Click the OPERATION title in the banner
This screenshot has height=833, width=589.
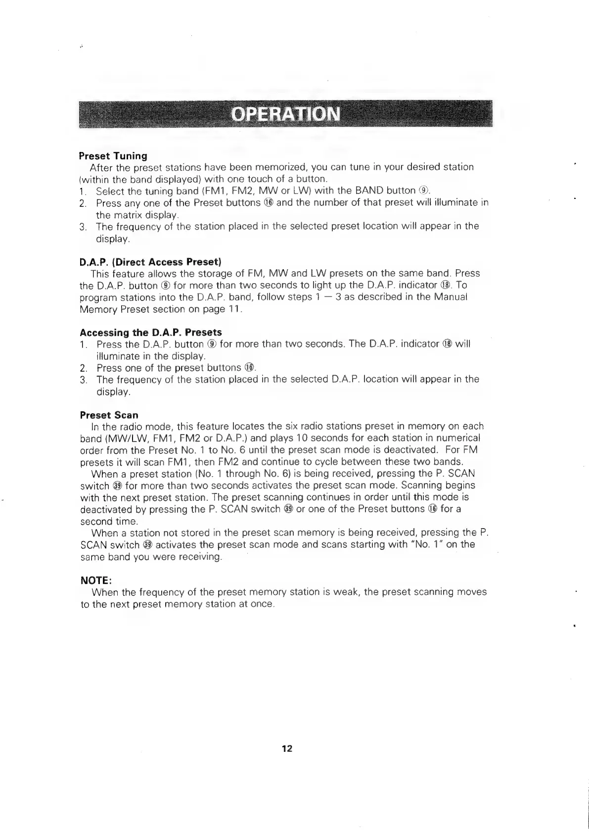point(286,114)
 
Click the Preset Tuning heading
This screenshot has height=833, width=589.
point(113,156)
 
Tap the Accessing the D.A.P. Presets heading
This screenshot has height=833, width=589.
point(151,332)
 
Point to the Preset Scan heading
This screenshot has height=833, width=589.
point(109,415)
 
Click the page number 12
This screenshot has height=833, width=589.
point(287,748)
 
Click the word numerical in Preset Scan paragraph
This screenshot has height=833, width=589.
point(455,438)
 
